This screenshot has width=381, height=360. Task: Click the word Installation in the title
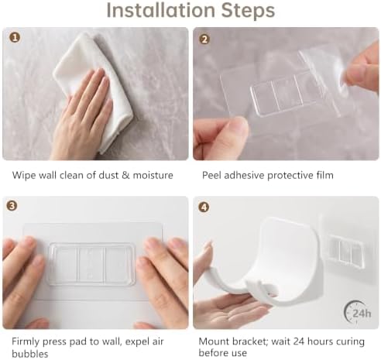point(161,10)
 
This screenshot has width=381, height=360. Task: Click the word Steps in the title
point(248,10)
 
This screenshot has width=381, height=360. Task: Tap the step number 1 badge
point(15,37)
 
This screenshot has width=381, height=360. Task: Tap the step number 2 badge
point(204,39)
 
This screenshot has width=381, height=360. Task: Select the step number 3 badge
point(12,206)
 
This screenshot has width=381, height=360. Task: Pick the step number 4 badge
point(204,207)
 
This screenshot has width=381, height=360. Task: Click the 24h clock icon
point(358,313)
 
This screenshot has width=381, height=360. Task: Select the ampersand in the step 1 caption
point(125,176)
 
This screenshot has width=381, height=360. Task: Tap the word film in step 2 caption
point(325,175)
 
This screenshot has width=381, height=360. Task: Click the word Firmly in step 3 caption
point(26,342)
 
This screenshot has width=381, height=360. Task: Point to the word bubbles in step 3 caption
point(30,353)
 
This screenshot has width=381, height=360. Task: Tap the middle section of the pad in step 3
point(91,265)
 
